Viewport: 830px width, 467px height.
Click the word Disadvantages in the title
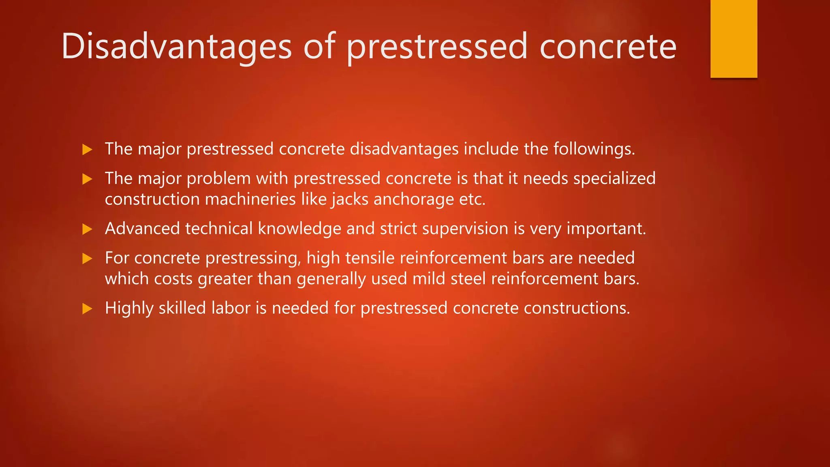[x=176, y=47]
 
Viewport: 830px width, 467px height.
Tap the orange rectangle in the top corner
[x=734, y=39]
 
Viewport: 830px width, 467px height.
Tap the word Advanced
[x=142, y=229]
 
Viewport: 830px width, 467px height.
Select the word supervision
[x=465, y=229]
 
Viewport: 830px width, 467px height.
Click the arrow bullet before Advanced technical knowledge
[x=87, y=229]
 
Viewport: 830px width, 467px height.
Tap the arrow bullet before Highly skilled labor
[x=87, y=309]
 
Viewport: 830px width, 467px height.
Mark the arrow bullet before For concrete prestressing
[x=87, y=259]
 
